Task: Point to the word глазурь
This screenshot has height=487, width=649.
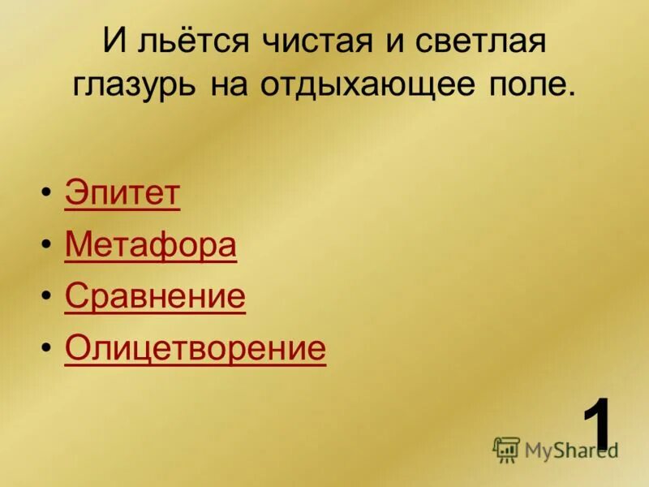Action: coord(135,85)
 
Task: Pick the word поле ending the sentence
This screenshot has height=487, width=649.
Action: coord(531,85)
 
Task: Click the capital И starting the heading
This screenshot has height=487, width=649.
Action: coord(114,41)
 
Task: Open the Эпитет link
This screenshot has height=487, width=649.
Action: coord(122,195)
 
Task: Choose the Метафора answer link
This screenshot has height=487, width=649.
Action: coord(150,245)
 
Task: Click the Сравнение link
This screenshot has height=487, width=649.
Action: coord(155,297)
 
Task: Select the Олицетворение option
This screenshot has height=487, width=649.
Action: coord(195,348)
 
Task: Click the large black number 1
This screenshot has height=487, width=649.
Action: coord(598,425)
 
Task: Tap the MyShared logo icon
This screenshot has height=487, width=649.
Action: coord(506,449)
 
